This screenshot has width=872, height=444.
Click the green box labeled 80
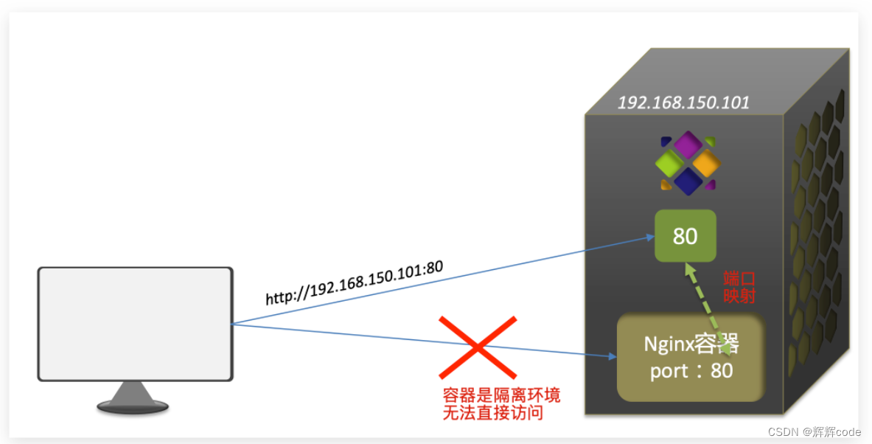pos(686,235)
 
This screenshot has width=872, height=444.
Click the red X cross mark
pos(478,347)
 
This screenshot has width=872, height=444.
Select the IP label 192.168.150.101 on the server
pos(683,103)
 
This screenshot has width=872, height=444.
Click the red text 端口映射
pos(739,287)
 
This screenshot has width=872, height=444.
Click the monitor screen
pos(136,324)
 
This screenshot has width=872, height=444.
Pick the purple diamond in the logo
pos(688,144)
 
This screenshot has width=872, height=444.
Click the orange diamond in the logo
pos(706,162)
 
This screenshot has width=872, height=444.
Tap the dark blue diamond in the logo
pos(688,181)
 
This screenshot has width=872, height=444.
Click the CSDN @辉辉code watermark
pos(814,431)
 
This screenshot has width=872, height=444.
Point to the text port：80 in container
pos(691,370)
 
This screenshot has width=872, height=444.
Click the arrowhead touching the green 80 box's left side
pos(649,237)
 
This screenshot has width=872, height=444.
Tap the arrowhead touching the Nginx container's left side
pos(612,357)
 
